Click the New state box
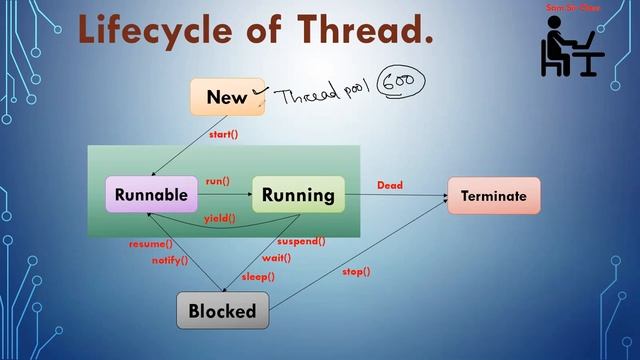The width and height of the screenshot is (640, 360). (227, 97)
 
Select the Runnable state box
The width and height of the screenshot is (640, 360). (151, 195)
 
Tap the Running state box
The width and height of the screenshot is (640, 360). (298, 195)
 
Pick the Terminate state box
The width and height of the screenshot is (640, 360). (493, 196)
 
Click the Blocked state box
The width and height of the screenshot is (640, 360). (223, 311)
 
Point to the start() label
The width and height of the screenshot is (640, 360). (223, 134)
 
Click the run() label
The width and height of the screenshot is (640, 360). (217, 181)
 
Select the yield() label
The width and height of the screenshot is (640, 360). (220, 218)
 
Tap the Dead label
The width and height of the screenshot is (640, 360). (390, 185)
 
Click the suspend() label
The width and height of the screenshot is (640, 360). (301, 241)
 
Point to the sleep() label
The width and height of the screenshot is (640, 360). (258, 276)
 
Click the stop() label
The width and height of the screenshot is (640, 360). (356, 271)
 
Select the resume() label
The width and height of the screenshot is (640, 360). (150, 244)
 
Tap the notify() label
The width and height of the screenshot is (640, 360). (169, 260)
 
